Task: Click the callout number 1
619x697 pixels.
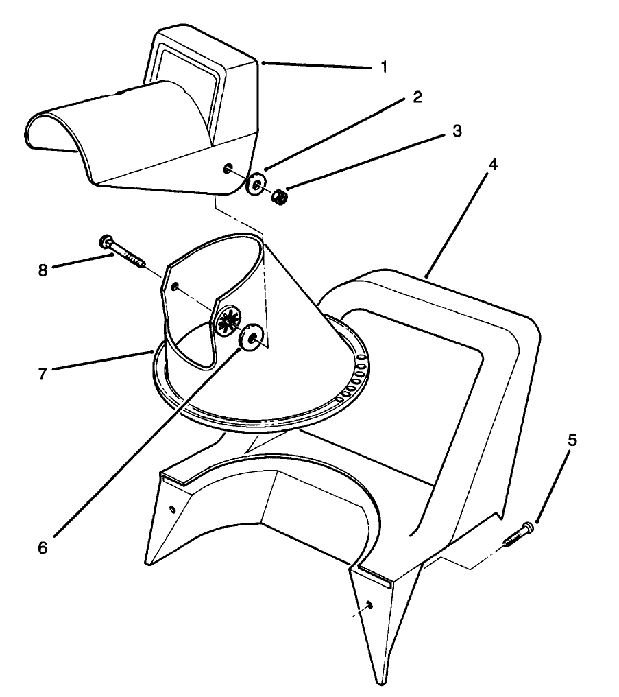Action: click(x=384, y=67)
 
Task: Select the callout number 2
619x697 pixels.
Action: click(x=417, y=97)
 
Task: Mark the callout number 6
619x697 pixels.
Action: click(x=43, y=549)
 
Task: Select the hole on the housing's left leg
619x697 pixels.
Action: click(x=171, y=509)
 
